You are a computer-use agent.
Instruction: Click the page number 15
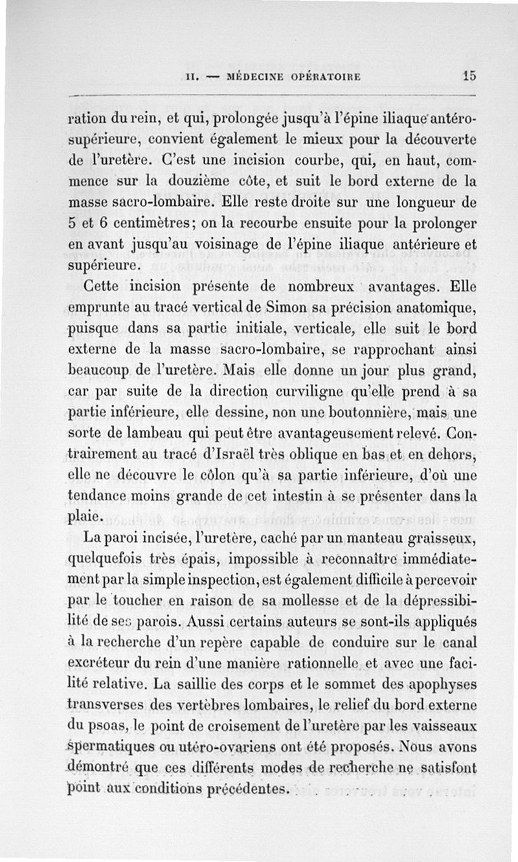[469, 74]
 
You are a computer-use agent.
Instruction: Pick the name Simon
[265, 310]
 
